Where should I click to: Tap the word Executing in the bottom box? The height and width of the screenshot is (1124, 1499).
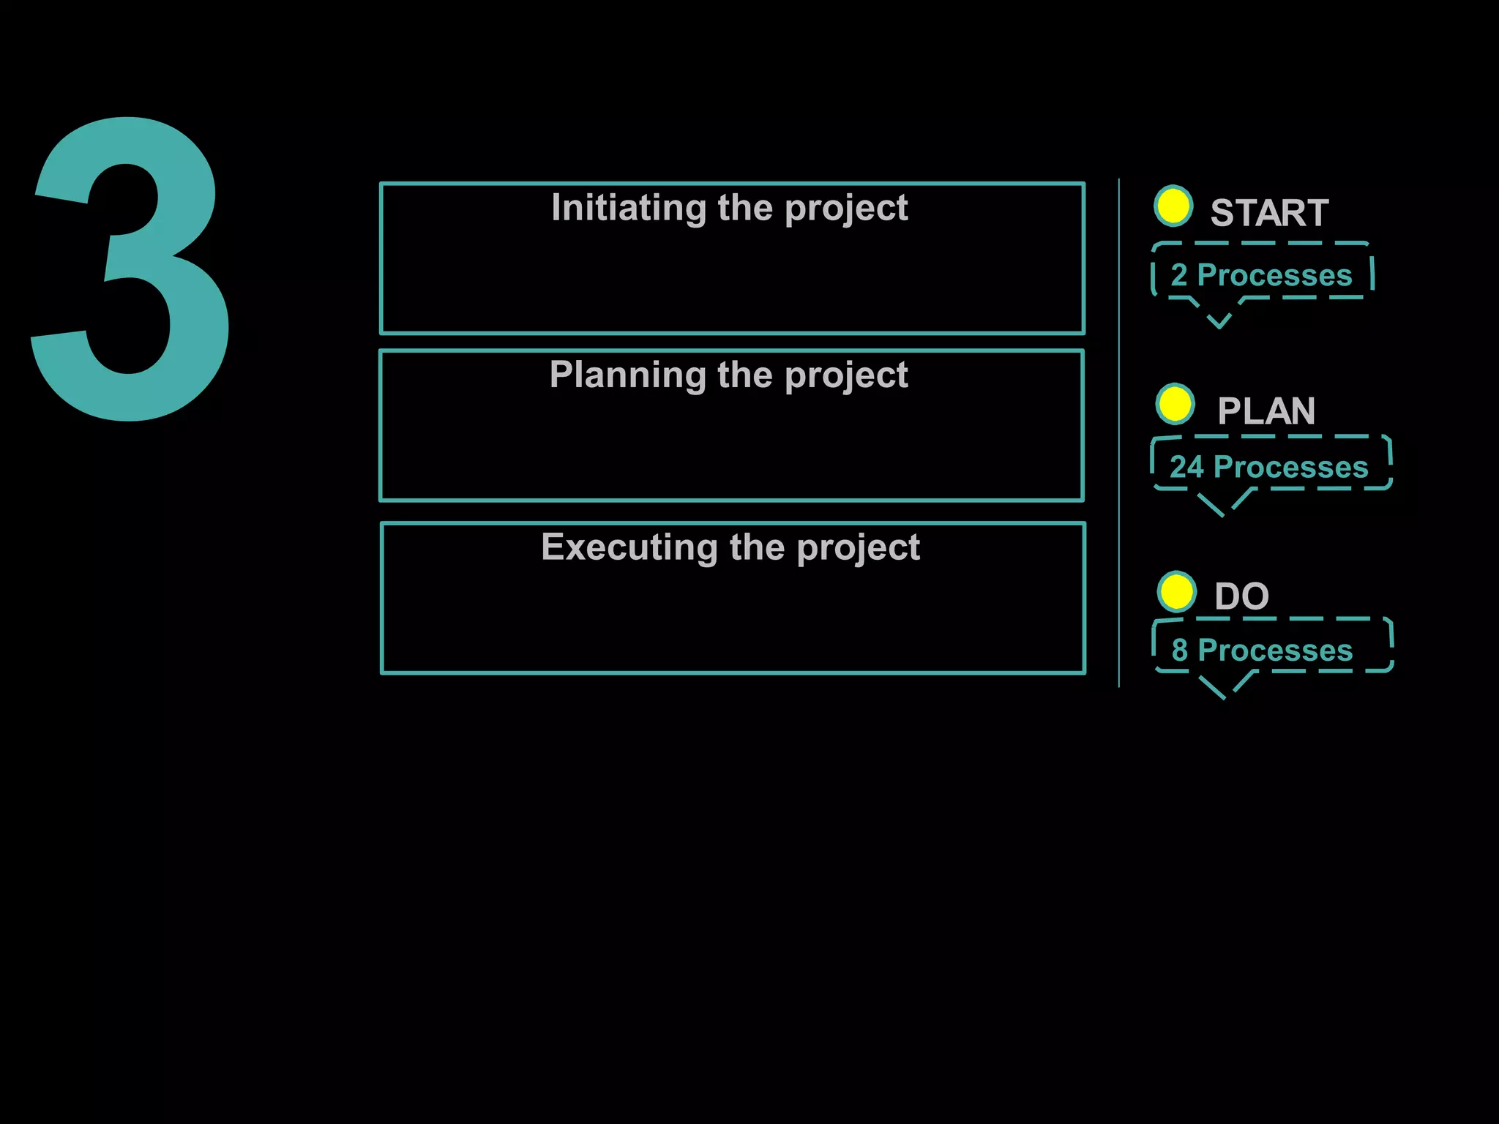tap(629, 548)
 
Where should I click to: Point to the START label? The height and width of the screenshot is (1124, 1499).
tap(1268, 214)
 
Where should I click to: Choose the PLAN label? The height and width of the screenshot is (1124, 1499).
tap(1266, 411)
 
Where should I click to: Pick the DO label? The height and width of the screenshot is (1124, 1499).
tap(1241, 596)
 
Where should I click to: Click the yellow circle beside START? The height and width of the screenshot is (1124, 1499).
tap(1173, 206)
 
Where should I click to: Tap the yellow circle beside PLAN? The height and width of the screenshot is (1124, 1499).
tap(1175, 404)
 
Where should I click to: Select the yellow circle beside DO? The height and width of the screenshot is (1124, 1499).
tap(1177, 592)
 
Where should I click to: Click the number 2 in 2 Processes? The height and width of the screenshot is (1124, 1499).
tap(1178, 276)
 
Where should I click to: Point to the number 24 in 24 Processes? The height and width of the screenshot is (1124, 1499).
tap(1186, 468)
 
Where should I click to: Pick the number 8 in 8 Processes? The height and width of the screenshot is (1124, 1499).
tap(1179, 651)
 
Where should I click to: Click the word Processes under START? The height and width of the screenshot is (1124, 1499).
tap(1274, 276)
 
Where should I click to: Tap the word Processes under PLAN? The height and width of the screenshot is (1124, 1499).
tap(1290, 468)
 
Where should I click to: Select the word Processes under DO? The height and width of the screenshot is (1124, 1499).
tap(1275, 651)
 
